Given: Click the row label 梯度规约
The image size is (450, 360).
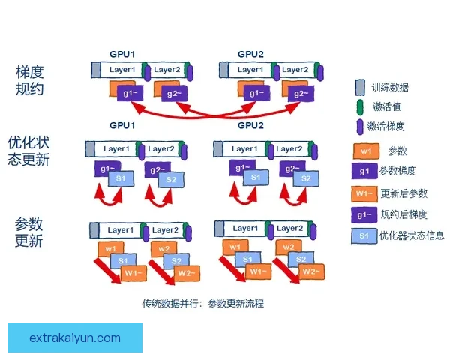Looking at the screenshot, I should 29,80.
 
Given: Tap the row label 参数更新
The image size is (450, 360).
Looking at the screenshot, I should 29,232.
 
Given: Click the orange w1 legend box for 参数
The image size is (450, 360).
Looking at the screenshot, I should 364,151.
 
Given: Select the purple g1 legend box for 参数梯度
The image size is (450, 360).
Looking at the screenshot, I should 364,171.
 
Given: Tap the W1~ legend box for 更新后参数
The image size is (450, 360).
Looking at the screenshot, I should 364,193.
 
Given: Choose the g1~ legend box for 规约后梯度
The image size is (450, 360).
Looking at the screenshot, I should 364,214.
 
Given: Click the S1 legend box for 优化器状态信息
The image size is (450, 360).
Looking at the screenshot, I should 364,235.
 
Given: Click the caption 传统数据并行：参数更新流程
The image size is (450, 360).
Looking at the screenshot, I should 203,304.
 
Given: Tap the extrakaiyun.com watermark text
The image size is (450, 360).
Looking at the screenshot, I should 75,337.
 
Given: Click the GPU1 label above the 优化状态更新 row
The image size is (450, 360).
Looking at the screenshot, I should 122,125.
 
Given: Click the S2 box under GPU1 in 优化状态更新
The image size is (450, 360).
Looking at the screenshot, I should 171,180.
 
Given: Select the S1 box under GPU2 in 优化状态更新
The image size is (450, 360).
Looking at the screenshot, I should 255,178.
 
